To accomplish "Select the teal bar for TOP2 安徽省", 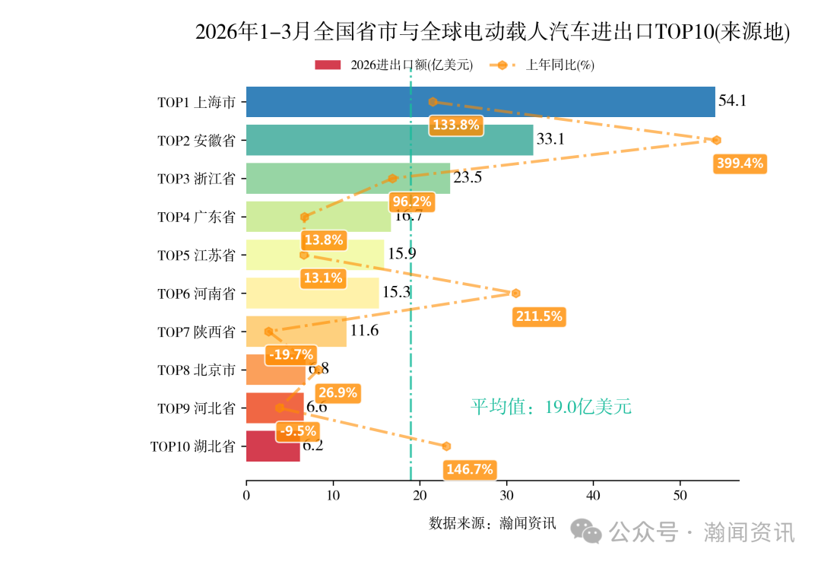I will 389,140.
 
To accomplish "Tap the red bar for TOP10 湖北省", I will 273,446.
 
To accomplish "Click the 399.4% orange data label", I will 740,163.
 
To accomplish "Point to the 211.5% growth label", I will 539,316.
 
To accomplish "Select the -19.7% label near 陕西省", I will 290,354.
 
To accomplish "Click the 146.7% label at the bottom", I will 470,469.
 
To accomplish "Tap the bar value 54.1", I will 733,100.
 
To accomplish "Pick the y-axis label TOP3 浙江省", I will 196,179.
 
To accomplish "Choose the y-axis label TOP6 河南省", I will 196,294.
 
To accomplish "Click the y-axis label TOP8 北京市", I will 196,370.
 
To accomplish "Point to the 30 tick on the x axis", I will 507,496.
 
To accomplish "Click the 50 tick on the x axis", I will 680,496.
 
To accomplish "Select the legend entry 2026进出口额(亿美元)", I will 394,65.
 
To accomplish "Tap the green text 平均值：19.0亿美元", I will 550,407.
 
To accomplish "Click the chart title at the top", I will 493,32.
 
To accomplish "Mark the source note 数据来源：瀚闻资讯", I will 493,523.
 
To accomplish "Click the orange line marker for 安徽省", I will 716,140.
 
